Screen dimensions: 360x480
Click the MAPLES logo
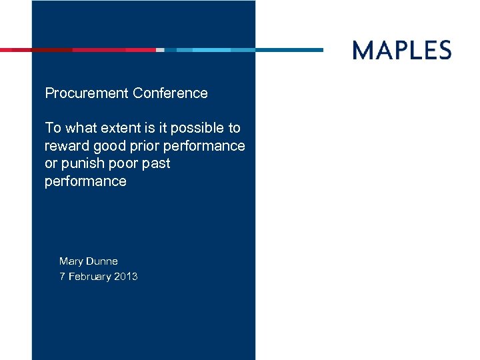coord(402,50)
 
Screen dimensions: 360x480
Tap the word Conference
coord(170,93)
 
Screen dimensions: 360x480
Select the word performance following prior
coord(205,146)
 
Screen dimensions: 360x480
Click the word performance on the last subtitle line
coord(85,181)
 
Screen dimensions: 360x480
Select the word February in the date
coord(90,277)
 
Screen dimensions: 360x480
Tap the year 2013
coord(126,277)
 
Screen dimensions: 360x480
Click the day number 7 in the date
coord(62,277)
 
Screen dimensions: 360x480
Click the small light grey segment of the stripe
coord(160,50)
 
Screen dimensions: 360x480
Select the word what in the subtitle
coord(75,128)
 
